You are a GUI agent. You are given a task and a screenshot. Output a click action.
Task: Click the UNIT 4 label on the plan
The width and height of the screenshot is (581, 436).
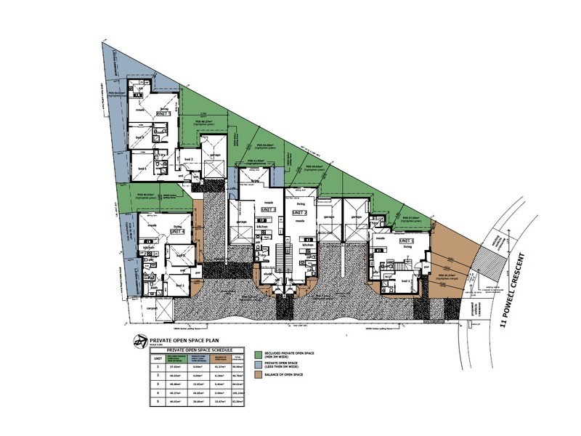[177, 232]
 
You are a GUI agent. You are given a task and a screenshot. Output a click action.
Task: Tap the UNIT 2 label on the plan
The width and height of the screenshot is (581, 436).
[301, 213]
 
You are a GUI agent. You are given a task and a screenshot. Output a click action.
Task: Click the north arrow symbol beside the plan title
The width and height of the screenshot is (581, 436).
[139, 341]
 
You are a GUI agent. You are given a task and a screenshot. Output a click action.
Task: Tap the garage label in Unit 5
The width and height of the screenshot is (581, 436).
[215, 155]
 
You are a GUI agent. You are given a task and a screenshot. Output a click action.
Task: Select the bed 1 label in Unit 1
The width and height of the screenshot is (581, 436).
[410, 280]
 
